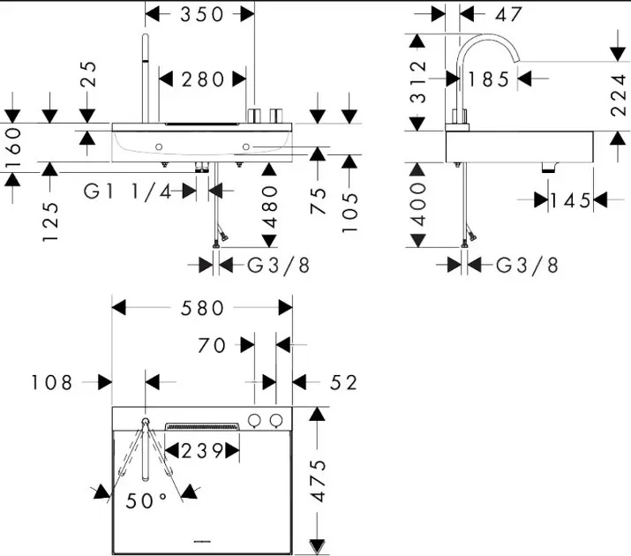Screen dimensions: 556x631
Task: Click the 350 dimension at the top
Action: [202, 14]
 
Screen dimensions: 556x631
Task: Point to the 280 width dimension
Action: [203, 79]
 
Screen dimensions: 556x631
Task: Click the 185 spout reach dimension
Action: [490, 79]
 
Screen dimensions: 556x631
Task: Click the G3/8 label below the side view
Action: [527, 265]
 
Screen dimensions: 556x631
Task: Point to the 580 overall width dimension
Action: [202, 308]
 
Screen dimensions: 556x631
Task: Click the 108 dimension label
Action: [50, 382]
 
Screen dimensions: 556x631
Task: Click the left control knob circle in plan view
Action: [256, 420]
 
